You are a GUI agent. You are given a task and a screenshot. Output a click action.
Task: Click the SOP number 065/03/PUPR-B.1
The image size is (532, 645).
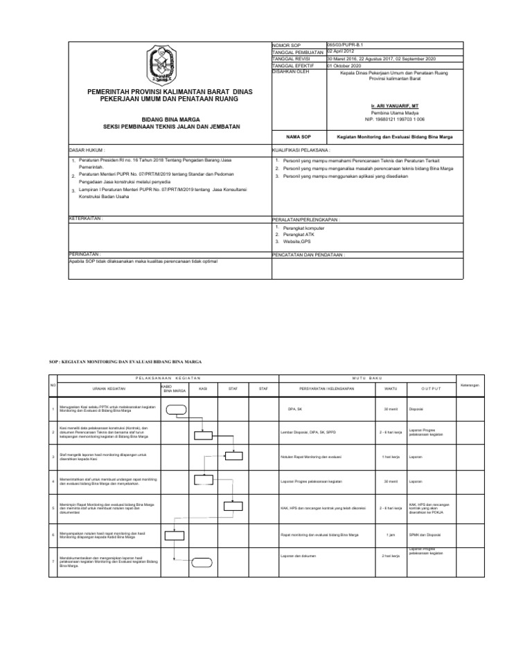pos(344,46)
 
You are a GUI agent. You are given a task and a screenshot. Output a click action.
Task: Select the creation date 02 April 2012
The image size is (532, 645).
pos(344,52)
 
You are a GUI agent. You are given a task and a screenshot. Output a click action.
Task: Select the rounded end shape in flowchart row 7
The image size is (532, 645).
pos(203,561)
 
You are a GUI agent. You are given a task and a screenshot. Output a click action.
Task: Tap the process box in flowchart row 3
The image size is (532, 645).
pos(233,455)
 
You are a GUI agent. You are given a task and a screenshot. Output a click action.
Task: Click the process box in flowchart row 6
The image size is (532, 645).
pos(175,534)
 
